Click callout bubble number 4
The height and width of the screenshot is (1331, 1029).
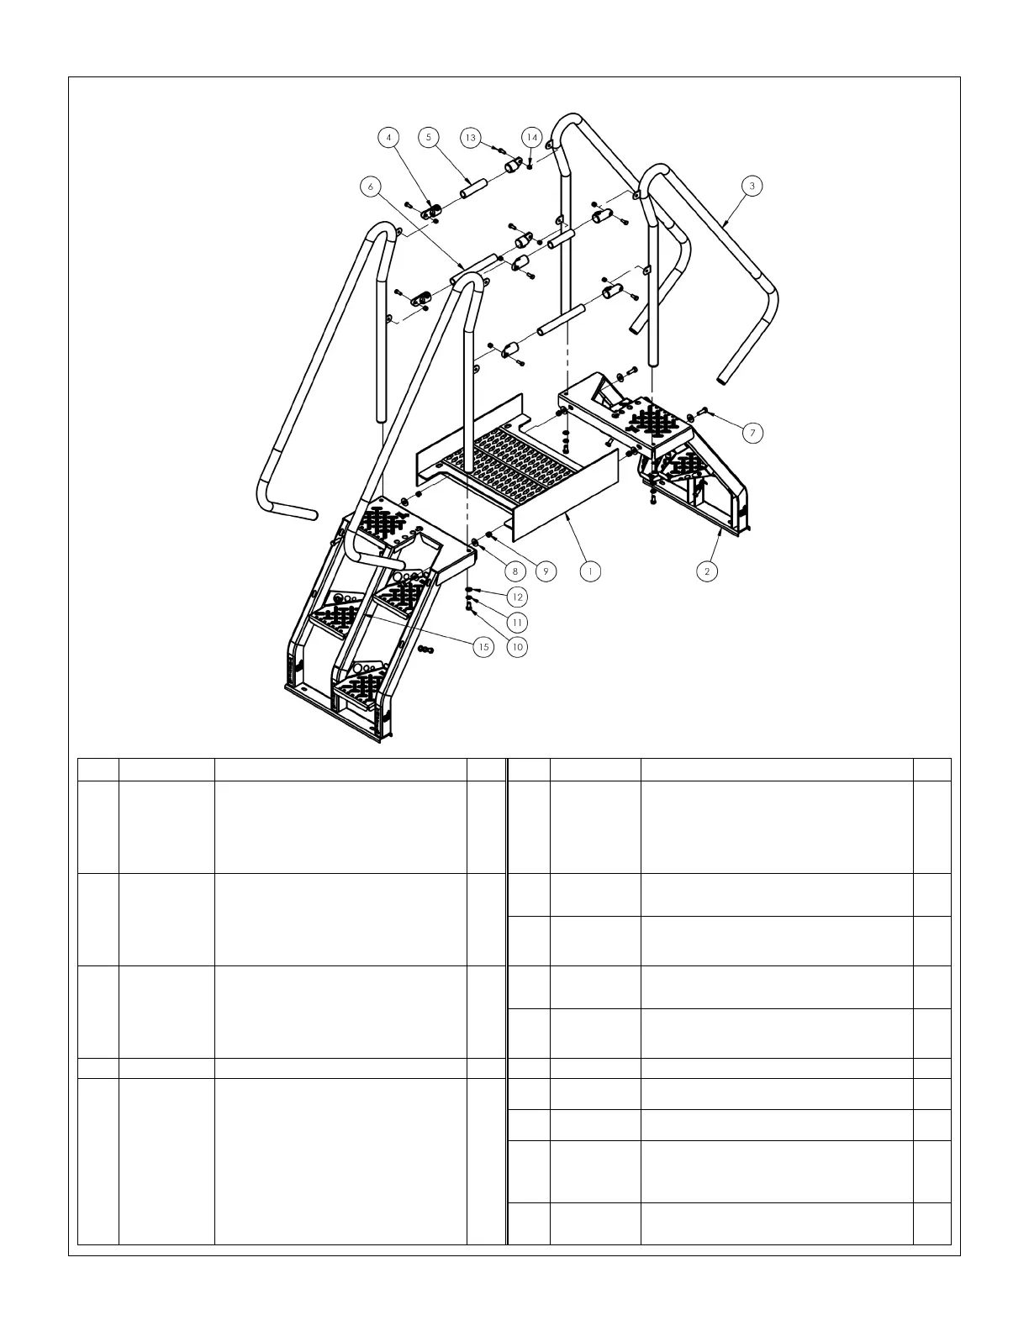click(388, 137)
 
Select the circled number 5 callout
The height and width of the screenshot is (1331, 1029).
click(428, 137)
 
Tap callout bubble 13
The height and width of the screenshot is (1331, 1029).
click(470, 137)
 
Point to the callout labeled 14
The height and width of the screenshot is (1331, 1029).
click(531, 137)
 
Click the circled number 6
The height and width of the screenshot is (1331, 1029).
click(370, 187)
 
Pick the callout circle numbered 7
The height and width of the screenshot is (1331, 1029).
click(752, 433)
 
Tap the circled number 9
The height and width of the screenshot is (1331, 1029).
click(546, 571)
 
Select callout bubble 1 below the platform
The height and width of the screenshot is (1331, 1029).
click(591, 571)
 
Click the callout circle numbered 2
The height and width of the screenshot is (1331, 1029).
click(707, 571)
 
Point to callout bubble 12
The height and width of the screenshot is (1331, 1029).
click(517, 597)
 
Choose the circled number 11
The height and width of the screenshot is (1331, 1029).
click(517, 622)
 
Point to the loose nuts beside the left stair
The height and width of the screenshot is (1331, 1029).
click(425, 650)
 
